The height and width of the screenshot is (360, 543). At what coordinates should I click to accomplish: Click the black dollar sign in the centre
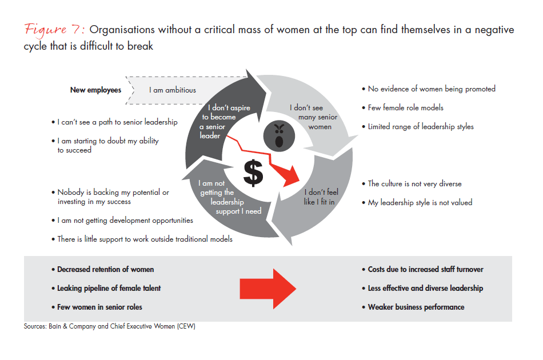(253, 170)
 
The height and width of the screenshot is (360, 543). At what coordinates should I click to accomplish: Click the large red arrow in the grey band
(267, 288)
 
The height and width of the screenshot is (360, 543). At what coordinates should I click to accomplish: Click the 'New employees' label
(95, 90)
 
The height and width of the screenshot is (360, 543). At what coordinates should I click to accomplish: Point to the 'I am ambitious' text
(173, 90)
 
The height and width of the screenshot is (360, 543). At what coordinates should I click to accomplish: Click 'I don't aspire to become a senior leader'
(222, 121)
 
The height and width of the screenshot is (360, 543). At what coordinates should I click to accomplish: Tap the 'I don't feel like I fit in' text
(321, 197)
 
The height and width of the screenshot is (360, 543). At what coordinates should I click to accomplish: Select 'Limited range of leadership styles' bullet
(420, 126)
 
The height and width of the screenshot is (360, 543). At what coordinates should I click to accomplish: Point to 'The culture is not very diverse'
(414, 183)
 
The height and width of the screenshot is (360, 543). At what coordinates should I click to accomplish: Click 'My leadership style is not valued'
(420, 202)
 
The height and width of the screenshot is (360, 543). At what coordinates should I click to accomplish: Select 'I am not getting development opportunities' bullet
(125, 220)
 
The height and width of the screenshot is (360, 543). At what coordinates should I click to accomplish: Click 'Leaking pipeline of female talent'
(109, 288)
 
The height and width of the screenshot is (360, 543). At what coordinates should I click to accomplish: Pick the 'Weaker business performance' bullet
(416, 307)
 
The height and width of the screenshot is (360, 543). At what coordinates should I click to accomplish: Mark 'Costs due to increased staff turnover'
(425, 269)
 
